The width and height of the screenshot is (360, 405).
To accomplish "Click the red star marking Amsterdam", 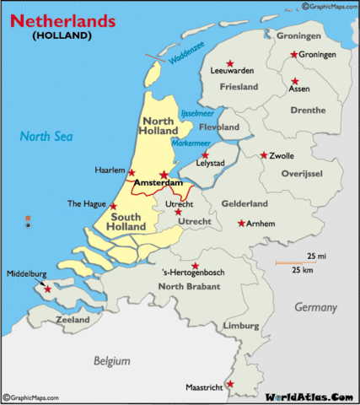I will point(164,175).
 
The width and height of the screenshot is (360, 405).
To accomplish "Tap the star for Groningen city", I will point(293,55).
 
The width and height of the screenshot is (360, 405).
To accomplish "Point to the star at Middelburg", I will point(48,289).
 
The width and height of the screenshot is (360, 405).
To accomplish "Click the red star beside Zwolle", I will point(264,155).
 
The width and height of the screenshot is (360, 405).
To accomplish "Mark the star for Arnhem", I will point(242,224).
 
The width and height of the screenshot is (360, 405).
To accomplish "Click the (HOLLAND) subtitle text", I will point(62,36).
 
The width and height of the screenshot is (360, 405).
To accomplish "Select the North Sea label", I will point(47,136).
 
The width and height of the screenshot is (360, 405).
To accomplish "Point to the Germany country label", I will point(315,308).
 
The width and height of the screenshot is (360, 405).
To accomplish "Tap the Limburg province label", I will point(242,325).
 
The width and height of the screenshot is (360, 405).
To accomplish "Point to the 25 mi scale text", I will point(317,256).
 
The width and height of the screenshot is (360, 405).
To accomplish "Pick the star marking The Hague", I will point(113,205).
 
